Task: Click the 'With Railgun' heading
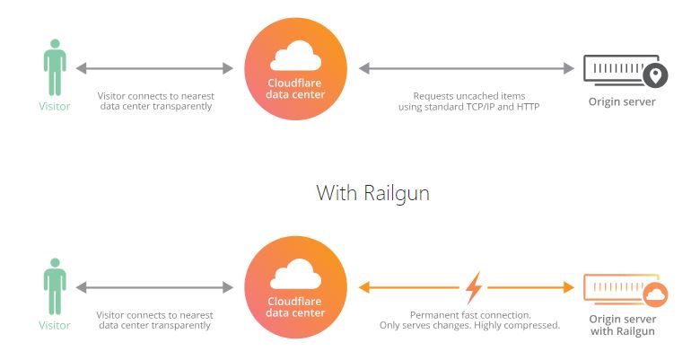coord(372,193)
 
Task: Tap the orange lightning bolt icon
coord(474,288)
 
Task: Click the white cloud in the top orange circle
coord(296,56)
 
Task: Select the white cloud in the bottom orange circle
coord(296,274)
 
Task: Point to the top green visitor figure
coord(55,67)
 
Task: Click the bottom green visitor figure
coord(55,286)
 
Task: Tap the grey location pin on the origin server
coord(655,75)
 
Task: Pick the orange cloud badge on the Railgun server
coord(655,294)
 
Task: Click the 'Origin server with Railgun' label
coord(622,325)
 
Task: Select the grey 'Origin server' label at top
coord(622,101)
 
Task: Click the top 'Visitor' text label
coord(55,106)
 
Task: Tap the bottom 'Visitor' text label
coord(55,325)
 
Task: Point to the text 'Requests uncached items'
coord(468,96)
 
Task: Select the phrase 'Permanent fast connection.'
coord(470,315)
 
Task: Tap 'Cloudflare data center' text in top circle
coord(295,89)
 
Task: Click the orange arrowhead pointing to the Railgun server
coord(568,288)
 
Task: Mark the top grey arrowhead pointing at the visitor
coord(81,68)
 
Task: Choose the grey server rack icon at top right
coord(621,70)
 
